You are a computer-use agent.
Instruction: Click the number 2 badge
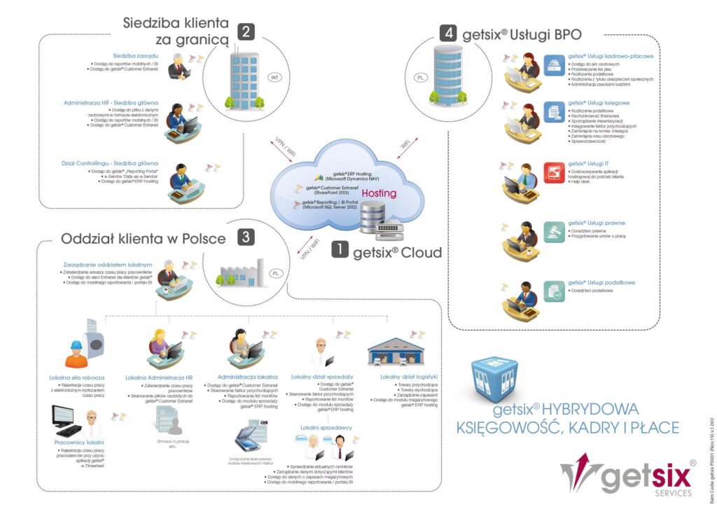coord(246,32)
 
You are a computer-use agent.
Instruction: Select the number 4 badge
coord(448,32)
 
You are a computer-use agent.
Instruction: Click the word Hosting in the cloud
coord(379,193)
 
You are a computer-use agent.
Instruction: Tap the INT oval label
coord(275,77)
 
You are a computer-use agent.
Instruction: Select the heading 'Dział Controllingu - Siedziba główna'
coord(110,163)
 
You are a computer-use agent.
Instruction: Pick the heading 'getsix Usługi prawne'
coord(597,223)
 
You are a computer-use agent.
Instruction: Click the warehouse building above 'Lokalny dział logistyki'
coord(396,350)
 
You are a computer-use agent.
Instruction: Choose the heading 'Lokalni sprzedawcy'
coord(326,426)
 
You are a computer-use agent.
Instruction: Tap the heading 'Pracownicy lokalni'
coord(79,443)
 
